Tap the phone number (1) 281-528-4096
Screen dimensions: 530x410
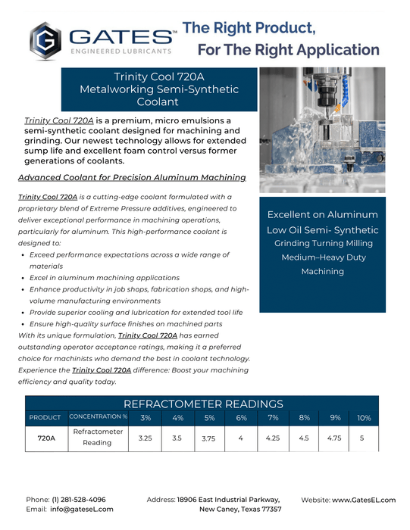tap(79, 500)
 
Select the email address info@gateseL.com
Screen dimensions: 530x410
tap(83, 510)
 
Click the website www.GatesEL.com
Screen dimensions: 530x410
tap(364, 500)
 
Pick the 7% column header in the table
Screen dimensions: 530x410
tap(273, 417)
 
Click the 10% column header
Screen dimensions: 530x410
tap(364, 417)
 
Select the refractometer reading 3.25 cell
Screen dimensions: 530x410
tap(146, 438)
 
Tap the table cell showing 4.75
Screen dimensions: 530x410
tap(334, 438)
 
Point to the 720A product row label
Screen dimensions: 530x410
tap(46, 438)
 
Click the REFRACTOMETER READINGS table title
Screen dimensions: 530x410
tap(203, 404)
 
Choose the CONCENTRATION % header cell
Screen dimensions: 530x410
tap(99, 417)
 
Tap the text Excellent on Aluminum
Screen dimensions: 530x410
tap(323, 214)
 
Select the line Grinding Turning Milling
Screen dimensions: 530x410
tap(323, 243)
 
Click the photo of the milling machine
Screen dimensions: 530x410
tap(323, 129)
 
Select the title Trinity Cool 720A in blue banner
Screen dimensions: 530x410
tap(158, 76)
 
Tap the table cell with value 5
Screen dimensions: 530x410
tap(362, 438)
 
